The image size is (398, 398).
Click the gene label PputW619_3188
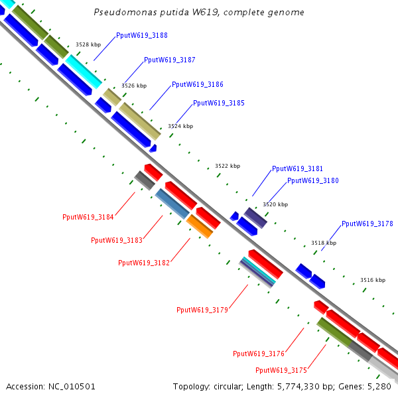click(141, 35)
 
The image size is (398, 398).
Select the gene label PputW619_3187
click(169, 60)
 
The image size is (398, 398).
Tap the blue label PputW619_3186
click(197, 84)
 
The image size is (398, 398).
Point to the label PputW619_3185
click(218, 103)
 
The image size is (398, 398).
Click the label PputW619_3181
click(298, 168)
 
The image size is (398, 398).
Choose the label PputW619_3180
click(312, 180)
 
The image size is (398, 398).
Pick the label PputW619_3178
click(367, 224)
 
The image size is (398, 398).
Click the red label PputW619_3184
click(88, 217)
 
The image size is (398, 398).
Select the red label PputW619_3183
click(117, 240)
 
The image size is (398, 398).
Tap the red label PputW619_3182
click(144, 263)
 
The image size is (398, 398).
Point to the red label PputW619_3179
click(202, 310)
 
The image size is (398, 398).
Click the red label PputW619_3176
click(259, 354)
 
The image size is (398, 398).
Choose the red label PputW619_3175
click(281, 370)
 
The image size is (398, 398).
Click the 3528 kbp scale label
click(88, 44)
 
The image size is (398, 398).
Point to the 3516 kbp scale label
click(373, 280)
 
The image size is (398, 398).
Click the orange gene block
click(200, 226)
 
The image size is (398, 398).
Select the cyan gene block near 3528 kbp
click(84, 72)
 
